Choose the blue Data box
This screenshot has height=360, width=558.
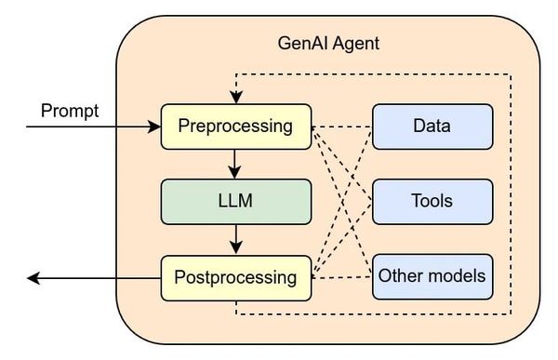[432, 125]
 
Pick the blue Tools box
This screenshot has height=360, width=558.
[432, 201]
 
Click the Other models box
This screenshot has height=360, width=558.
[432, 276]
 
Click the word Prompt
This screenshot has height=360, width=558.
[69, 112]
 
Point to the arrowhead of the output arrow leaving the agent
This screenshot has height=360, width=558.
[34, 276]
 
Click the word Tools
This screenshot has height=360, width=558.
[432, 201]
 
